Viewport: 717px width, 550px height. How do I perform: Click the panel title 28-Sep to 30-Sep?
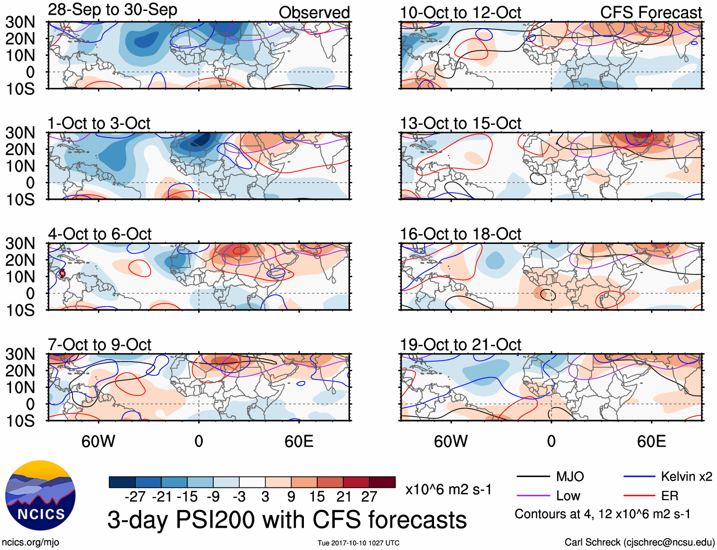[113, 10]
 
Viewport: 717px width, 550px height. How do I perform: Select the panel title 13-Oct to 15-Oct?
[460, 124]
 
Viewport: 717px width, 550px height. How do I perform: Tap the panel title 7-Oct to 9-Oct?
[100, 345]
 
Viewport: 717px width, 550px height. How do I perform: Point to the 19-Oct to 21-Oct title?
[460, 345]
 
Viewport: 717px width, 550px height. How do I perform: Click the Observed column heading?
[314, 13]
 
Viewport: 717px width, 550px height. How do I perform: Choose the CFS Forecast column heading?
[651, 13]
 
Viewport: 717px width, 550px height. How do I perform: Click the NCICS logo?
[40, 495]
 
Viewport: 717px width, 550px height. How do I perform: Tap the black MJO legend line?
[533, 476]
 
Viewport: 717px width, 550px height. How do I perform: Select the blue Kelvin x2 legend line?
[639, 476]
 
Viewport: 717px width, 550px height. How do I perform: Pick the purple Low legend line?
[533, 496]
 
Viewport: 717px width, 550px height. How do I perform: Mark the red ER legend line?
[639, 496]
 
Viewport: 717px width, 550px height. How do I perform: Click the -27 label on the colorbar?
[135, 497]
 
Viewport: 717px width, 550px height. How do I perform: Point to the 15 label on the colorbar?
[317, 497]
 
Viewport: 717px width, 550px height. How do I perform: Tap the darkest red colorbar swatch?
[382, 482]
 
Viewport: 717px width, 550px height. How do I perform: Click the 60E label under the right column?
[651, 442]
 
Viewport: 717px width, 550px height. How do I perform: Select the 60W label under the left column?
[98, 442]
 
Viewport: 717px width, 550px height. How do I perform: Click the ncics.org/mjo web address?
[30, 542]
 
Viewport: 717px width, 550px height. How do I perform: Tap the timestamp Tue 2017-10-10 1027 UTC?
[358, 543]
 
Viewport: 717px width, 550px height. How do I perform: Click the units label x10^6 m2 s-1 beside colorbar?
[448, 489]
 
